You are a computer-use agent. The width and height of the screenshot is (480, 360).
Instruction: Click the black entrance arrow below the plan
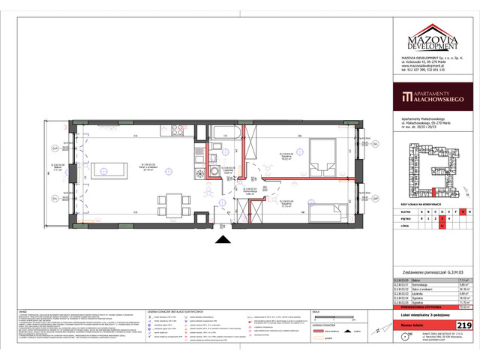pos(222,239)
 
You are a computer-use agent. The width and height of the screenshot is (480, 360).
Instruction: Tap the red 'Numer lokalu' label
pos(417,325)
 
